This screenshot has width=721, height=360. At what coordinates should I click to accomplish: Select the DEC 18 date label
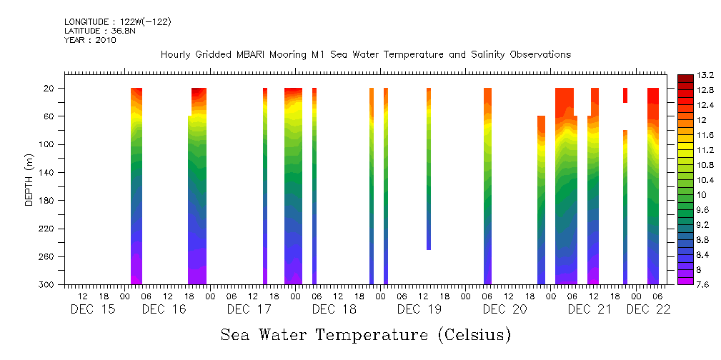coord(334,309)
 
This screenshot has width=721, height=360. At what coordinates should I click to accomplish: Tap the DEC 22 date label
coord(648,309)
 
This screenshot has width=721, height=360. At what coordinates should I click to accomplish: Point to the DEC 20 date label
coord(504,309)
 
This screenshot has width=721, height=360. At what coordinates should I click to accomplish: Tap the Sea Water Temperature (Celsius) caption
coord(365,335)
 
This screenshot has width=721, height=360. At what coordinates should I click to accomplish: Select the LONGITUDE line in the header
coord(117,22)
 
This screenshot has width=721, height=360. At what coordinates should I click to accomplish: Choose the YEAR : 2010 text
coord(90,40)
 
